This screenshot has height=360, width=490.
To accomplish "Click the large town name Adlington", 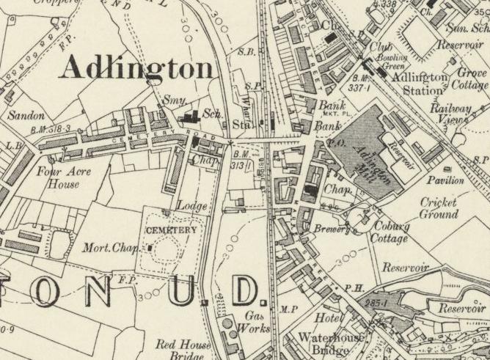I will point(136,68).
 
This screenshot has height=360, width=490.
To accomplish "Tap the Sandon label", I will point(26,116).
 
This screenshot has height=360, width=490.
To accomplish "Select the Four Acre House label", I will point(59,177).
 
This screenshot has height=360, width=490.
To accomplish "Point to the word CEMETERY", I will point(172,230).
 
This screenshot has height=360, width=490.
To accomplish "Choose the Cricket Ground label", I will point(439,208).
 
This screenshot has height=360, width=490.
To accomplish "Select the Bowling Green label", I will point(391,62).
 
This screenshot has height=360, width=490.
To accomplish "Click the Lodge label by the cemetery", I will point(191,206).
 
